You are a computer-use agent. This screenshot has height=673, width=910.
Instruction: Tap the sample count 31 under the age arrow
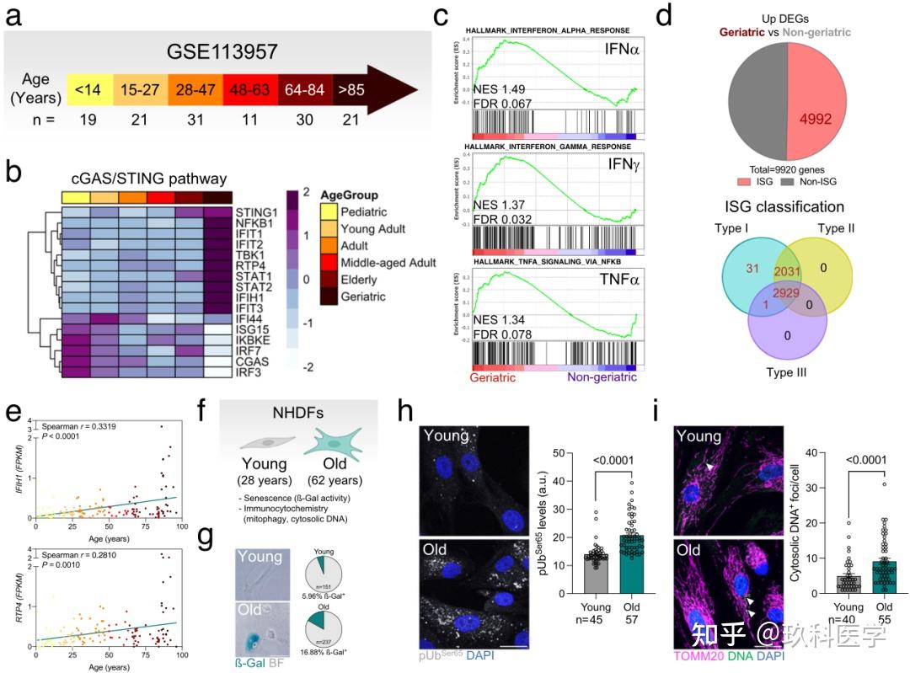[195, 120]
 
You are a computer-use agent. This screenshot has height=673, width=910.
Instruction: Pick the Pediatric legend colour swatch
[330, 211]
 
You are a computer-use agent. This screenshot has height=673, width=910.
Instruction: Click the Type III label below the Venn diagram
[785, 372]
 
